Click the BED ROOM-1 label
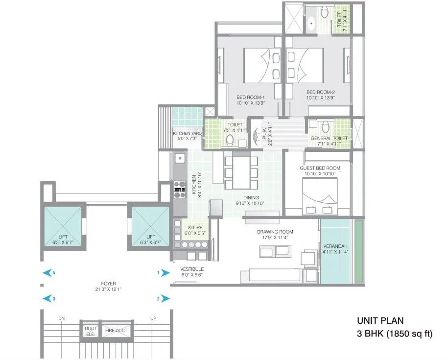tap(250, 97)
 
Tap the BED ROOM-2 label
tap(320, 92)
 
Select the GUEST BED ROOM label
tap(320, 168)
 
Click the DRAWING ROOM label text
tap(275, 232)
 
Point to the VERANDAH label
tap(335, 246)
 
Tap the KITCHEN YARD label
tap(187, 133)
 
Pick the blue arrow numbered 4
tap(47, 273)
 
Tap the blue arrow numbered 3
tap(47, 298)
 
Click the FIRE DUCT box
tap(116, 331)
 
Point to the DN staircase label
tap(61, 318)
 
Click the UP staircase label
tap(153, 318)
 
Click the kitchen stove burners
tap(180, 190)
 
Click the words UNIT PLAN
tap(380, 321)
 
